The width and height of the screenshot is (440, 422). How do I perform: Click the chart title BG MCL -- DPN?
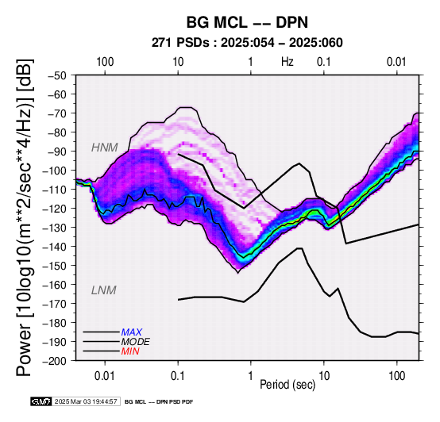[x=247, y=22]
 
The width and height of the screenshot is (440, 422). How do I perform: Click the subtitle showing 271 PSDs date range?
[x=247, y=43]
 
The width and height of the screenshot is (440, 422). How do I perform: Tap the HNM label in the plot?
[x=104, y=148]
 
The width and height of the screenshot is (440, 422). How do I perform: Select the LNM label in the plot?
[x=103, y=290]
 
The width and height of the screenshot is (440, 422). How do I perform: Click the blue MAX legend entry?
[x=131, y=332]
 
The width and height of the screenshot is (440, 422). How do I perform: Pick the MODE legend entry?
[x=135, y=342]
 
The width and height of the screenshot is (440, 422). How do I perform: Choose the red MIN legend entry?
[x=130, y=351]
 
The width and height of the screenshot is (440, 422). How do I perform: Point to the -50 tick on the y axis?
[x=57, y=75]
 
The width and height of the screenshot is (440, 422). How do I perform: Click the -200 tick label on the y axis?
[x=55, y=361]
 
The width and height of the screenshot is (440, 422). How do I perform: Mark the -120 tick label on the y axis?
[x=55, y=209]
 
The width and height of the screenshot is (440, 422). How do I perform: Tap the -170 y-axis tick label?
[x=55, y=304]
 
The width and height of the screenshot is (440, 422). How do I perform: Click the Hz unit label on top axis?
[x=288, y=61]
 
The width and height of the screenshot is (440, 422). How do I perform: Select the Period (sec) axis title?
[x=288, y=385]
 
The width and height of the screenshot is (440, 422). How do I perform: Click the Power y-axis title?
[x=24, y=218]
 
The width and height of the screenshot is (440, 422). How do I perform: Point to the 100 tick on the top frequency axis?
[x=105, y=62]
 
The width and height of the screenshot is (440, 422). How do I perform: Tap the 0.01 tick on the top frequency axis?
[x=396, y=62]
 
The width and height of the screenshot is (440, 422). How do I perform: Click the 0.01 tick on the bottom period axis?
[x=105, y=376]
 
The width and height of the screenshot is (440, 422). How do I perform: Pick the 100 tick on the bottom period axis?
[x=397, y=376]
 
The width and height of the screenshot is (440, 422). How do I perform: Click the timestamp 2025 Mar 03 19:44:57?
[x=86, y=401]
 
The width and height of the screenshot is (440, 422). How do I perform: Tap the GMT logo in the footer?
[x=41, y=401]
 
